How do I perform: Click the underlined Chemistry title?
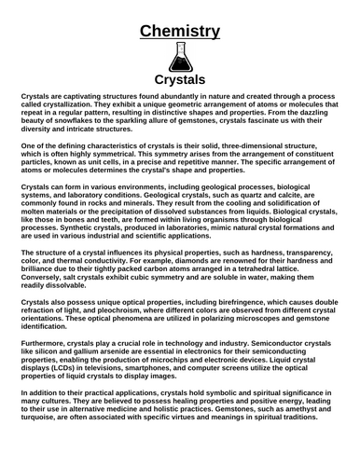[x=180, y=32]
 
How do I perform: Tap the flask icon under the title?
[x=180, y=58]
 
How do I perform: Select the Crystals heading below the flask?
[x=180, y=80]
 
